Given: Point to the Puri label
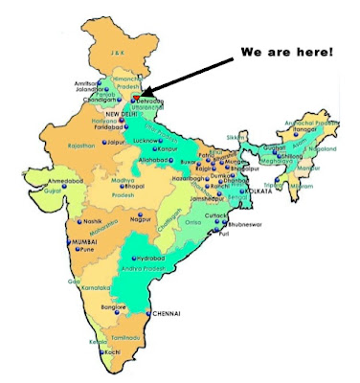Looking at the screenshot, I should point(224,234).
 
